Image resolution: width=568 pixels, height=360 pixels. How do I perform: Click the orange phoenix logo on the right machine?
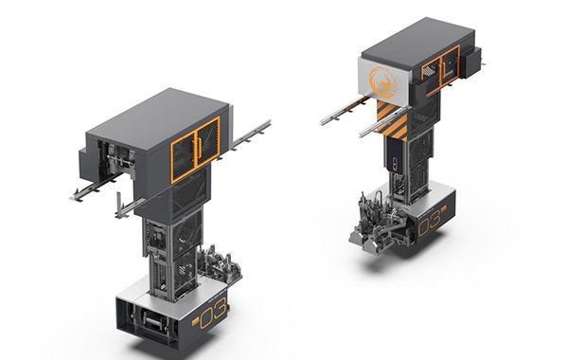click(x=382, y=81)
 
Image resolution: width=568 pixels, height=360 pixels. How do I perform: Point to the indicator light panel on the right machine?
click(x=395, y=164)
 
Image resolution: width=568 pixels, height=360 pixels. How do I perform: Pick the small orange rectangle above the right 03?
click(x=445, y=208)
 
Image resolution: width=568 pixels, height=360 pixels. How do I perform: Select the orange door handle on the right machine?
click(x=443, y=70)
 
